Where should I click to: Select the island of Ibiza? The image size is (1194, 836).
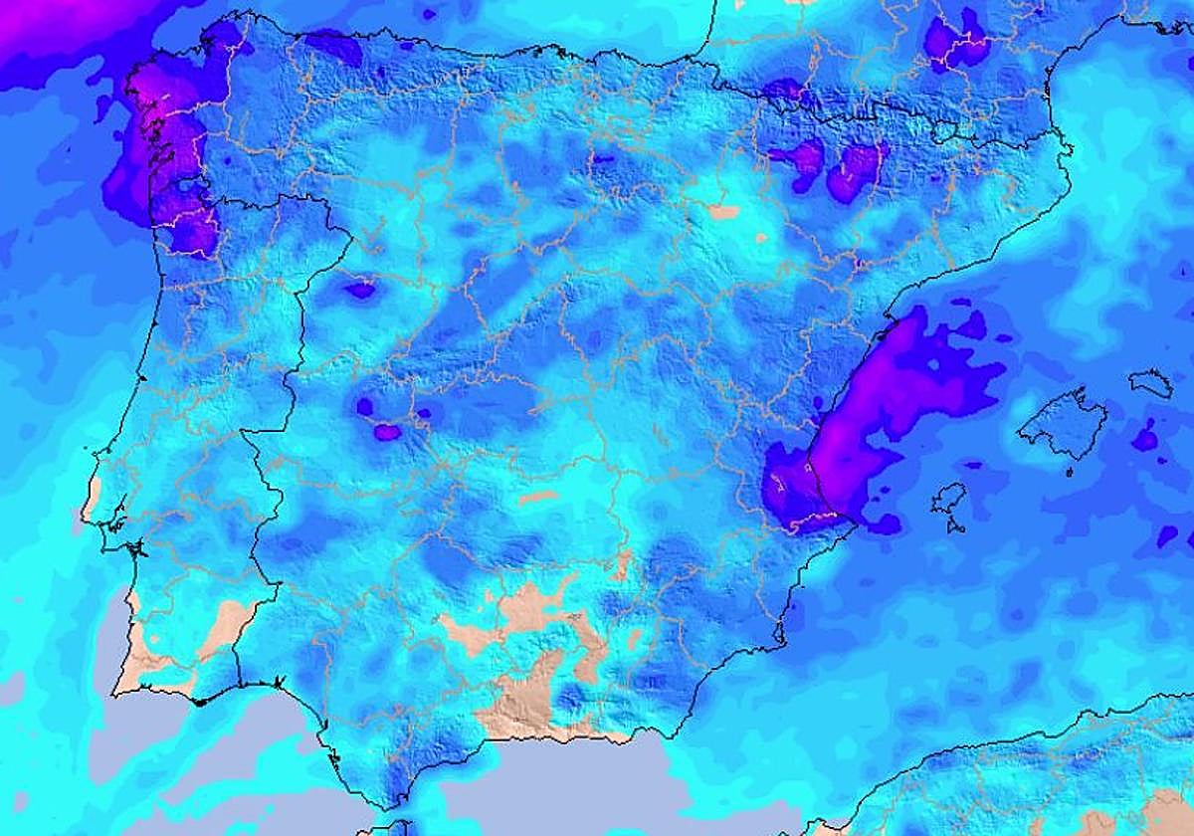[x=948, y=499]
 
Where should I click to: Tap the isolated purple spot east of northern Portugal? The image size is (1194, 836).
[x=359, y=290]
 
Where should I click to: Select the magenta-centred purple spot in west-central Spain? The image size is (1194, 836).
[x=385, y=431]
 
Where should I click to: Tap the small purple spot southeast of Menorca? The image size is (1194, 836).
[x=1146, y=437]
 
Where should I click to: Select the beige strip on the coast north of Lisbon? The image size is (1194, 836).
[x=92, y=498]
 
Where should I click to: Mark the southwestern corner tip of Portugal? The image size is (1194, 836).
[x=117, y=693]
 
